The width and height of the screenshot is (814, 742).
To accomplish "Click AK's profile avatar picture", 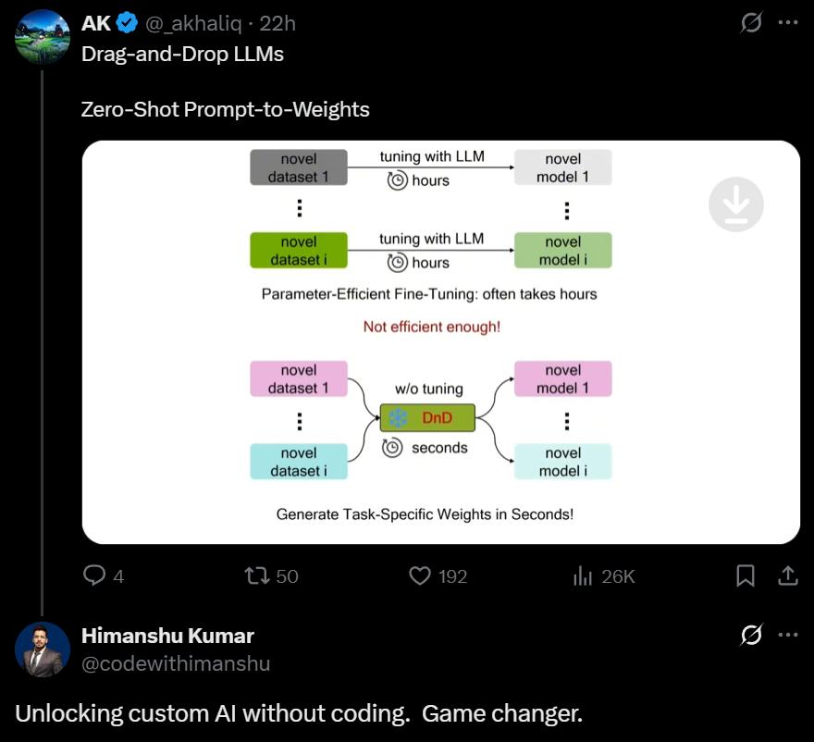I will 43,38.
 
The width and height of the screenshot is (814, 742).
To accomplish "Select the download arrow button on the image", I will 735,204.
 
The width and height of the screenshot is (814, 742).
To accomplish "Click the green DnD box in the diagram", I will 427,418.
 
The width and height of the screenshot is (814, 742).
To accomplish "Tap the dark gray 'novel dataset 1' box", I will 298,167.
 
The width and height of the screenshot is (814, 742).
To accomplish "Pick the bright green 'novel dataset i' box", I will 298,251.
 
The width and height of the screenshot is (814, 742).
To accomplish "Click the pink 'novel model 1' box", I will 562,379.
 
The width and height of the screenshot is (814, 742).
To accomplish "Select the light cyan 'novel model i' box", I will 562,462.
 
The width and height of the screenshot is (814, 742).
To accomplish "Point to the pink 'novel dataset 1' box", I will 298,379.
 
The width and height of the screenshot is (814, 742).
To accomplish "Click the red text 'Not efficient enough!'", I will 431,327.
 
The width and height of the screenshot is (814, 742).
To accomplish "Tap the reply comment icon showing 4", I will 94,575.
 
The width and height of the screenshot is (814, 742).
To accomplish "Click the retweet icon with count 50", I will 256,575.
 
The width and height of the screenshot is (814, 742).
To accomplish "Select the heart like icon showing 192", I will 420,575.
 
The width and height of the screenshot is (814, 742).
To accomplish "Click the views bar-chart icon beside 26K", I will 583,575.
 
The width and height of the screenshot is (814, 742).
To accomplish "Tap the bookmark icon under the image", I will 745,575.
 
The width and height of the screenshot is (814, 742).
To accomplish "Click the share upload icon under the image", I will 788,575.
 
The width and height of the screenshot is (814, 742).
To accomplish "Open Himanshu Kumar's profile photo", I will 43,649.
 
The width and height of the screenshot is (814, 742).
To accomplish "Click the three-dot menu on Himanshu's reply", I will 788,635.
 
